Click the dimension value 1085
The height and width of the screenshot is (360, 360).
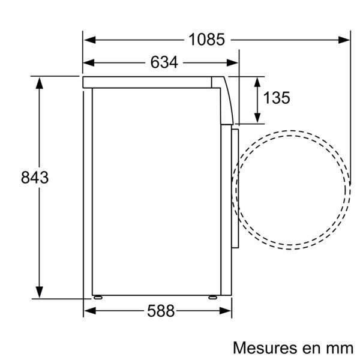tap(206, 40)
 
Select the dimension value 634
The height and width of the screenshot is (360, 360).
tap(164, 62)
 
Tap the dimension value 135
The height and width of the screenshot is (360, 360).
tap(276, 98)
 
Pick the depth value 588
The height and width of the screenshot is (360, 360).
tap(160, 311)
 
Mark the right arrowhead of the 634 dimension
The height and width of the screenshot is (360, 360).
tap(235, 62)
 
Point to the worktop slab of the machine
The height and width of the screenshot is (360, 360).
tap(150, 82)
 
